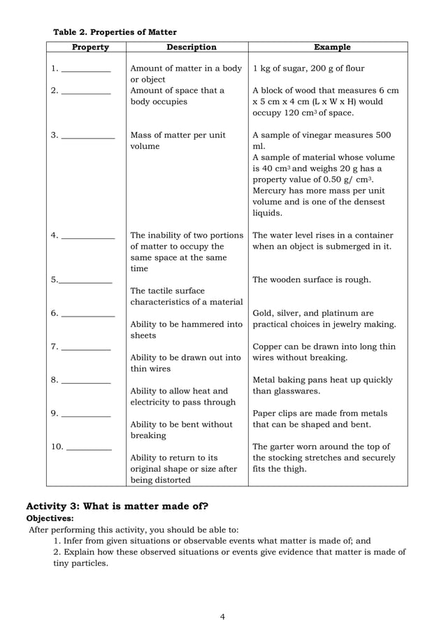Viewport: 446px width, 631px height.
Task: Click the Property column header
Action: pos(90,48)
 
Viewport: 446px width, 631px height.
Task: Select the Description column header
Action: pos(191,48)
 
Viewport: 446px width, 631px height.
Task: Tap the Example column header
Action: pos(332,48)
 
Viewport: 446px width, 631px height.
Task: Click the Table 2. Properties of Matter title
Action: pos(115,32)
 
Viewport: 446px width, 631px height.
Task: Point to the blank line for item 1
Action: pos(86,71)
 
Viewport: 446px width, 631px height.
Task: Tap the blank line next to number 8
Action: pos(86,382)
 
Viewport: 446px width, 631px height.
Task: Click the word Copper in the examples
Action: pos(268,347)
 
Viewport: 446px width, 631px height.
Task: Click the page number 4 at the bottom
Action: pos(222,616)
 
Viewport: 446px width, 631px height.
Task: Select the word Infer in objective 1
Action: pos(75,540)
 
